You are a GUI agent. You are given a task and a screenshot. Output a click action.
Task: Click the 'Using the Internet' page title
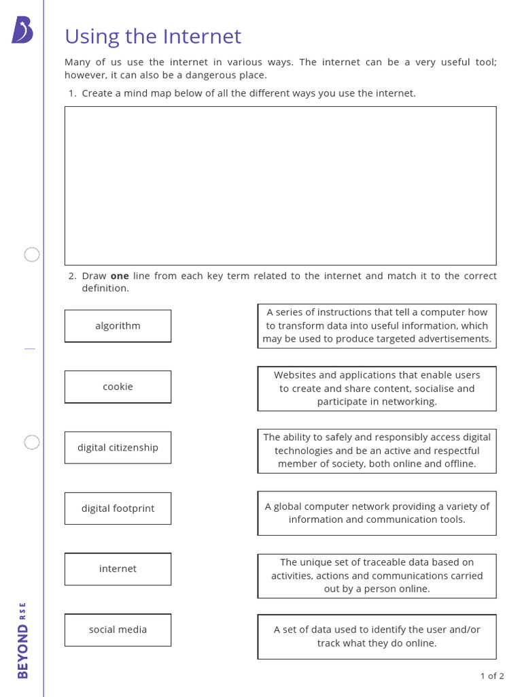tap(153, 36)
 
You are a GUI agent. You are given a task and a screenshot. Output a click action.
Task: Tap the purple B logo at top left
tap(22, 31)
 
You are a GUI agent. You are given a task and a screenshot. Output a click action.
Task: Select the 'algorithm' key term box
tap(118, 326)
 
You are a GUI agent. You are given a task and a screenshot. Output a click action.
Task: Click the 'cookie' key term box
tap(118, 387)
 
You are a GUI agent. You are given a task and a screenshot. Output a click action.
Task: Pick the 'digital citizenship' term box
tap(118, 447)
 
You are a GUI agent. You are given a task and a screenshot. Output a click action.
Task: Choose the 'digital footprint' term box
tap(118, 508)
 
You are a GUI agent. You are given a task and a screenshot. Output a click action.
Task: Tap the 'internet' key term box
tap(118, 569)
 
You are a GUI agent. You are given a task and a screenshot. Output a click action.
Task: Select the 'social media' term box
tap(118, 630)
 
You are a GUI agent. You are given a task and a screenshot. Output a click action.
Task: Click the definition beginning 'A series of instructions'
tap(377, 325)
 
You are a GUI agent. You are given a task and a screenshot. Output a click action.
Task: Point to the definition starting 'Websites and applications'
tap(377, 389)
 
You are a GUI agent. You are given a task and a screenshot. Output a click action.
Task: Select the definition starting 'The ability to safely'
tap(377, 451)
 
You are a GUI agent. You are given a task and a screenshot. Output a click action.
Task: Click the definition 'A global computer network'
tap(377, 513)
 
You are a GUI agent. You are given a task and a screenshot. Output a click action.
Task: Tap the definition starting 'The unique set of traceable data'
tap(377, 576)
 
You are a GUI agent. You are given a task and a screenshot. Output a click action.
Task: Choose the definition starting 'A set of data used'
tap(377, 636)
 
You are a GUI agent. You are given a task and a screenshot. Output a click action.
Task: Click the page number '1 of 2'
tap(492, 676)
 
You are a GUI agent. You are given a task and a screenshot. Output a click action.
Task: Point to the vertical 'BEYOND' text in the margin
tap(23, 651)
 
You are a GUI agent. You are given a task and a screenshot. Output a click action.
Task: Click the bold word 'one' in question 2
tap(120, 276)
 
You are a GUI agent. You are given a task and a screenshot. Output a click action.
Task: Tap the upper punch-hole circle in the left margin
tap(32, 255)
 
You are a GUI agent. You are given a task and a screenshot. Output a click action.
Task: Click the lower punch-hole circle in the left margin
tap(32, 442)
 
